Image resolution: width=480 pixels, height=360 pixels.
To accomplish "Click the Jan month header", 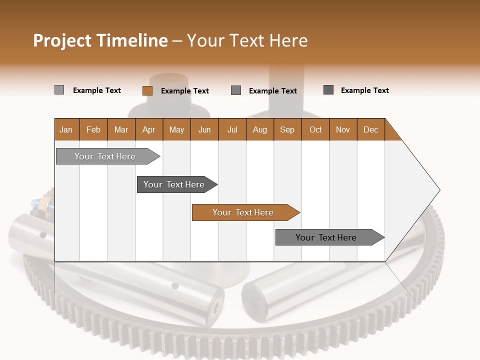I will click(x=66, y=129).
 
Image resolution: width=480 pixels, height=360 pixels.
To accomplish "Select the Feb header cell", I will click(x=93, y=129).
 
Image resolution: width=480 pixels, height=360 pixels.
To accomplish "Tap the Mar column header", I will click(x=121, y=129).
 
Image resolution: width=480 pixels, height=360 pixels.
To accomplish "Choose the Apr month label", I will click(x=149, y=129).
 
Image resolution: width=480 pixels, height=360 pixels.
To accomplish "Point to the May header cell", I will click(x=176, y=129).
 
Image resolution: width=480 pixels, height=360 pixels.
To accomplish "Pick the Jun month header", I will click(x=204, y=129).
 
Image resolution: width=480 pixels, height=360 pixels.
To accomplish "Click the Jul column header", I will click(x=232, y=129).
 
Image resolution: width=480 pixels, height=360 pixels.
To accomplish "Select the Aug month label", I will click(x=260, y=129).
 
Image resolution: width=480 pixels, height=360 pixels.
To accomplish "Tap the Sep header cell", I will click(x=287, y=129).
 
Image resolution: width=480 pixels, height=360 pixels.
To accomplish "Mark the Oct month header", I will click(x=315, y=129).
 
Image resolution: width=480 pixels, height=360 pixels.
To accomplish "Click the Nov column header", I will click(x=343, y=129).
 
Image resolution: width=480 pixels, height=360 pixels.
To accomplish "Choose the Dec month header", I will click(x=371, y=129).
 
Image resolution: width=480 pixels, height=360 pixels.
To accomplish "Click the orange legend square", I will click(x=147, y=90).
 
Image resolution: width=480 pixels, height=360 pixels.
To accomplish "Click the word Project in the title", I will click(x=62, y=40).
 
